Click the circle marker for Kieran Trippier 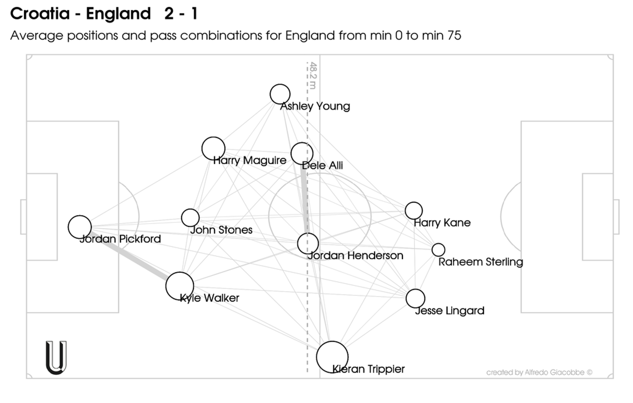pos(332,357)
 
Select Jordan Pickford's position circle pos(79,227)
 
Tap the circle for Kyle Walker pos(180,286)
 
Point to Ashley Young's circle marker pos(280,94)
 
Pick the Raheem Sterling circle pos(438,250)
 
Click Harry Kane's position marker pos(414,211)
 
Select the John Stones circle pos(190,218)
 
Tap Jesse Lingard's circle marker pos(415,299)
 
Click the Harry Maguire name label pos(250,160)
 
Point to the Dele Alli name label pos(322,165)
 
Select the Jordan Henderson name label pos(355,256)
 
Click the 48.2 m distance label pos(313,75)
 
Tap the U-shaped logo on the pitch pos(56,358)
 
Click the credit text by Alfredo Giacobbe pos(539,372)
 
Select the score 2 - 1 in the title pos(181,14)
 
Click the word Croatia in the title pos(40,14)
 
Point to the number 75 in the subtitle pos(454,36)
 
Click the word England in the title pos(118,14)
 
